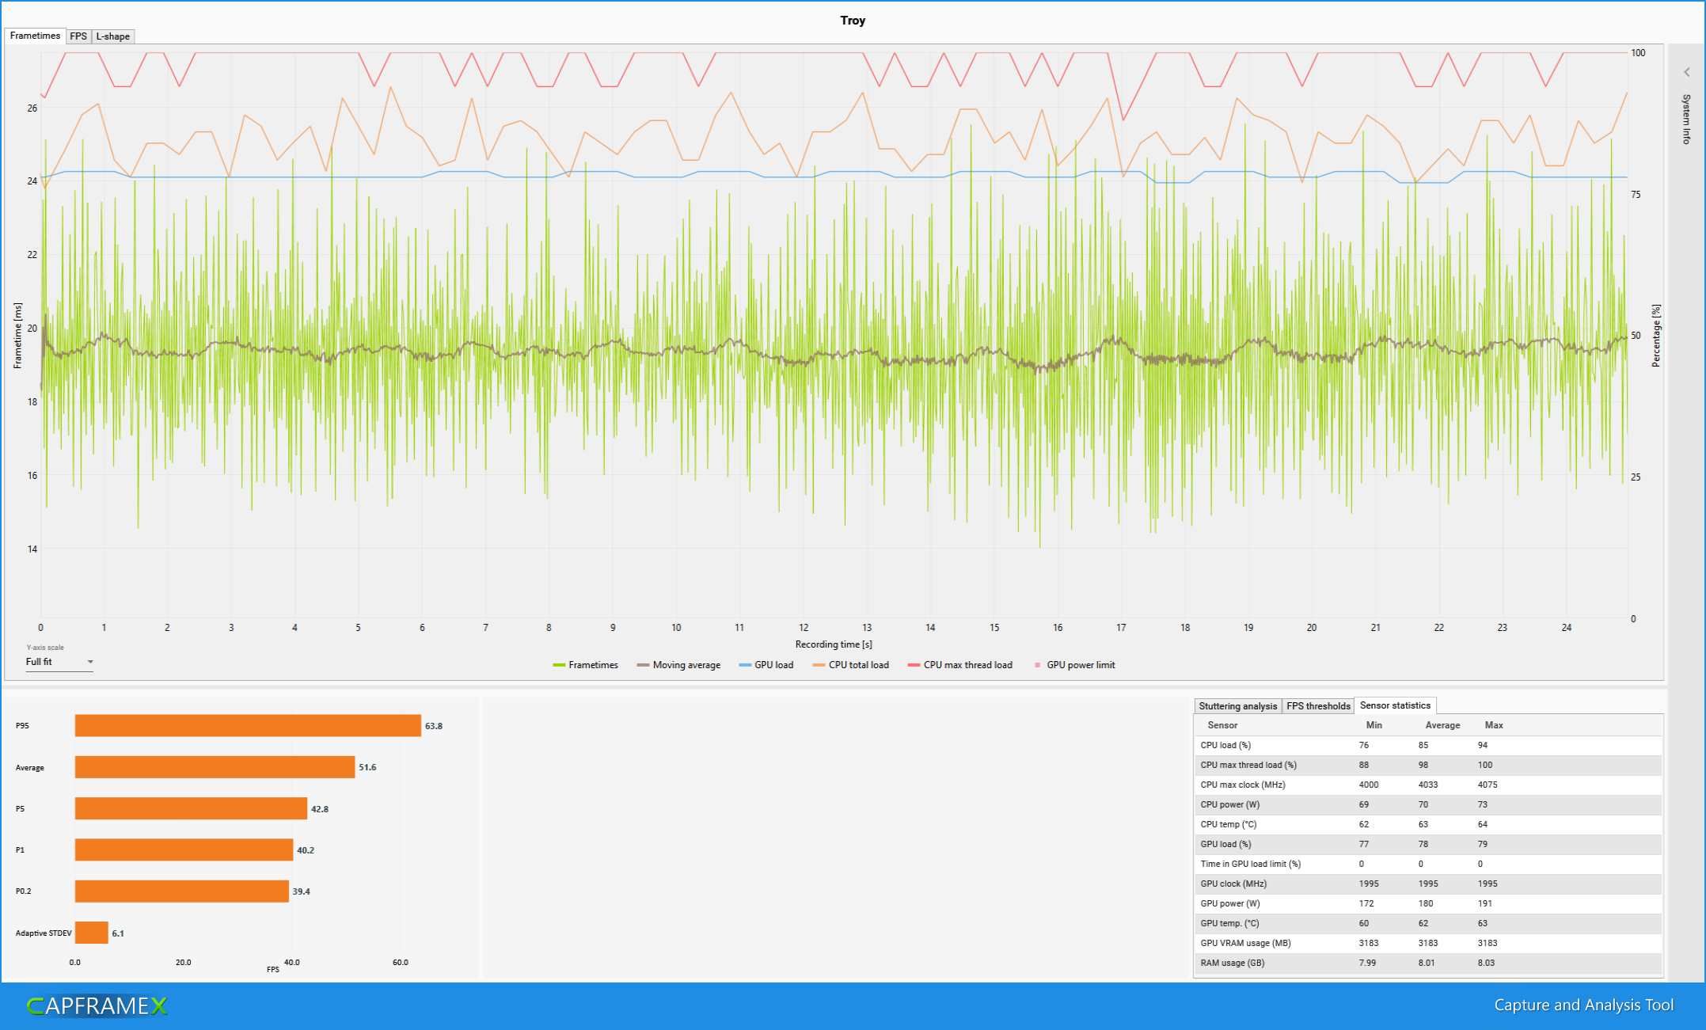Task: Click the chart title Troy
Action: click(853, 21)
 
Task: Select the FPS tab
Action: click(78, 36)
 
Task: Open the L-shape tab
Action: click(113, 36)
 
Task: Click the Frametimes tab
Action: click(35, 36)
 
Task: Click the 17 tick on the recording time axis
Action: click(1121, 628)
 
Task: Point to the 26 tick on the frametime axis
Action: click(32, 108)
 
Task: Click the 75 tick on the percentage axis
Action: click(1636, 195)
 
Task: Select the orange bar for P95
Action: click(248, 725)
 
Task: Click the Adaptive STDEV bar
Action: click(91, 933)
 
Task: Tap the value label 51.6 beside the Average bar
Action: click(367, 767)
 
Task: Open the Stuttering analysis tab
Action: click(1237, 706)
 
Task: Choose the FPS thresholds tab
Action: click(1318, 706)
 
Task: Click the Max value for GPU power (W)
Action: click(1484, 903)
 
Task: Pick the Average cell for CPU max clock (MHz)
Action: click(1428, 785)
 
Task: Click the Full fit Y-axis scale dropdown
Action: click(59, 662)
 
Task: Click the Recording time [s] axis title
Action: click(834, 644)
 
